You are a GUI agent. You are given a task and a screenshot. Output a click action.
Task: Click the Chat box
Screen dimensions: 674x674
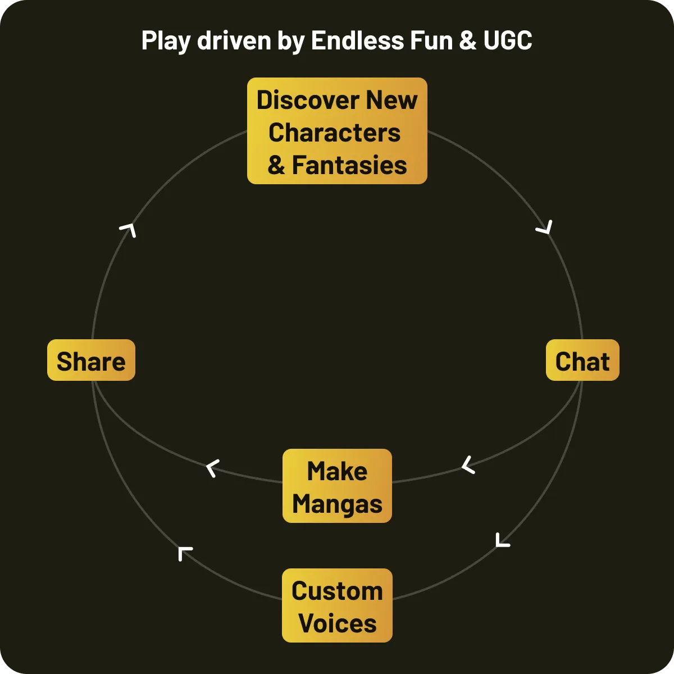(x=582, y=361)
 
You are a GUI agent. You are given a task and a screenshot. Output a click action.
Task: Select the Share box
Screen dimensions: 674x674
(x=91, y=361)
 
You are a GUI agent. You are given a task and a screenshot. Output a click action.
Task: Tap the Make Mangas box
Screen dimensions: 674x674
(x=337, y=486)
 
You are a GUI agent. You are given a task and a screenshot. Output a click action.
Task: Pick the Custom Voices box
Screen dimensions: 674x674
(x=337, y=605)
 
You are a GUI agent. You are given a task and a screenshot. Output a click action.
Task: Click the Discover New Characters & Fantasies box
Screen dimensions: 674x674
(x=337, y=131)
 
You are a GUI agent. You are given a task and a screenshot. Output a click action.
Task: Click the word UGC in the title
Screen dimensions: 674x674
(x=507, y=40)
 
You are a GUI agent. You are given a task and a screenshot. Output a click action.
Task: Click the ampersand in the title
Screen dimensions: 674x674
(x=467, y=40)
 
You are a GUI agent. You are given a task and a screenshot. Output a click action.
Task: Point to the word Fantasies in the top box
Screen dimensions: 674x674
(x=349, y=165)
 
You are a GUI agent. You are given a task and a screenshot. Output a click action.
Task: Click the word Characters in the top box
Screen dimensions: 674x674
(x=335, y=133)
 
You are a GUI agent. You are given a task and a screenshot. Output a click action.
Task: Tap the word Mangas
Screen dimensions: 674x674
(x=337, y=504)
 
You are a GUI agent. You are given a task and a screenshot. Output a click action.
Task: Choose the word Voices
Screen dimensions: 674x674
(x=337, y=623)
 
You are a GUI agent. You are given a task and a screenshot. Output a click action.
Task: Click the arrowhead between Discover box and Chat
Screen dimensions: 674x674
(x=545, y=227)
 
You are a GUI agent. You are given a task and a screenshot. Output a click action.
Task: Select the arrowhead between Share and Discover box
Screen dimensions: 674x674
(x=129, y=229)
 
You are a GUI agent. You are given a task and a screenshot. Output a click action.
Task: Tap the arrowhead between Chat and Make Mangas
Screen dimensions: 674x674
(x=468, y=465)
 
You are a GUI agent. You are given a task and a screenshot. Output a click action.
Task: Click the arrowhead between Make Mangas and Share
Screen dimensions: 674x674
(x=212, y=468)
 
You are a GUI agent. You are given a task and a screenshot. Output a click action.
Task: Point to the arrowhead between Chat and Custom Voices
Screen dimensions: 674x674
(x=502, y=540)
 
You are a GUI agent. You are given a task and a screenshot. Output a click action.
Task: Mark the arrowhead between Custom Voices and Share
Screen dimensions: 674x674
(x=184, y=553)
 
